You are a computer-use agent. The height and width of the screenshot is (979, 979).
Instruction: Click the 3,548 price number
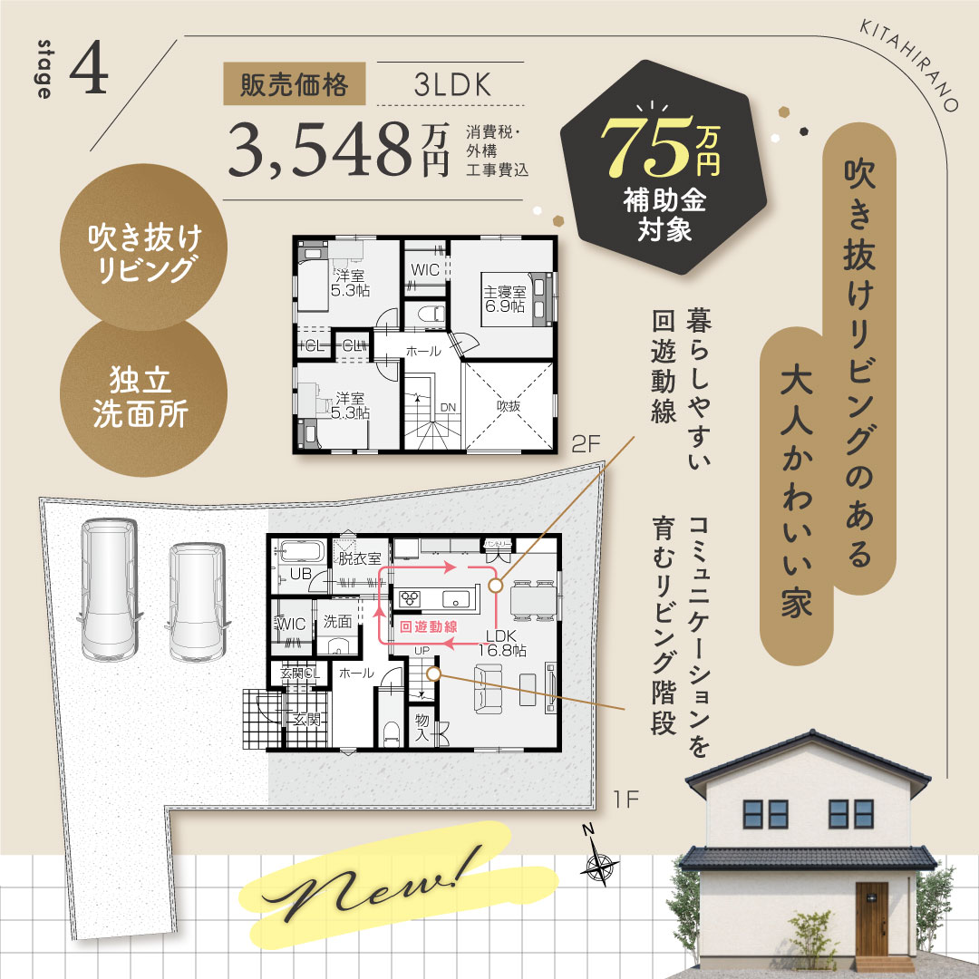coord(319,150)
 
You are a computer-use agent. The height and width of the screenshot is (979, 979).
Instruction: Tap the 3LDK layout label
coord(452,85)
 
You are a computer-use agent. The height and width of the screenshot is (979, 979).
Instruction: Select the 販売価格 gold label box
coord(294,83)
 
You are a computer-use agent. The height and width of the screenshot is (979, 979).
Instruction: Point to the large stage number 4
coord(89,68)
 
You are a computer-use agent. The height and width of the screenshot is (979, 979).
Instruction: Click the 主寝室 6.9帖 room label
coord(505,299)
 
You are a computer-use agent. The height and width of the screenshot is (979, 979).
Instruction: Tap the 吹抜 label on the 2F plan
coord(509,406)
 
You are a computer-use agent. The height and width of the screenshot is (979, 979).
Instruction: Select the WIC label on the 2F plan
coord(424,270)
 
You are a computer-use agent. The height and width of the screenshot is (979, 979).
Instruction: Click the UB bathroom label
coord(300,573)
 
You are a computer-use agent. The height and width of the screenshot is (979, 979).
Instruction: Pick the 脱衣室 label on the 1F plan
coord(360,558)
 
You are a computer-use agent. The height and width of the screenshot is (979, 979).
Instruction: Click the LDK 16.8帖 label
coord(501,643)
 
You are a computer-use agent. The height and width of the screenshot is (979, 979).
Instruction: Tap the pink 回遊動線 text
coord(428,626)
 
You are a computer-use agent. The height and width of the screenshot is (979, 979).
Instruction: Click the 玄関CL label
coord(300,673)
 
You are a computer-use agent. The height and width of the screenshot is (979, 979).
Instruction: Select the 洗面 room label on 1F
coord(338,621)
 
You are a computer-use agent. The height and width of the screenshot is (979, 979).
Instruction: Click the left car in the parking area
coord(109,589)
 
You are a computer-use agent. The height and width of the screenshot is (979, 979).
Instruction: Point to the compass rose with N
coord(599,859)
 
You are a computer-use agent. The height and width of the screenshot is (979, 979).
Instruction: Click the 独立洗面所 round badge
coord(143,397)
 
